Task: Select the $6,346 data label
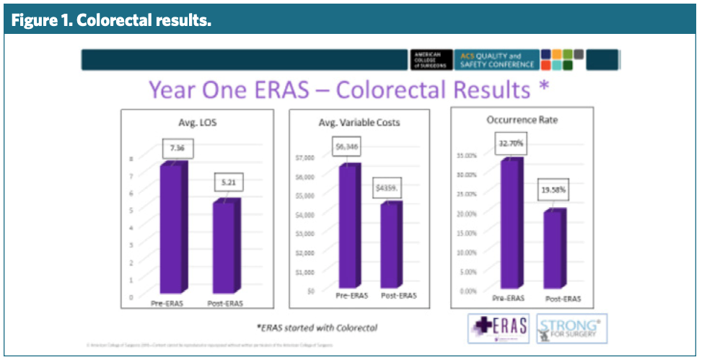346,146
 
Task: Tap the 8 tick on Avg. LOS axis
131,158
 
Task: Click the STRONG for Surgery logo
572,329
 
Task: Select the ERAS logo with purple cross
499,328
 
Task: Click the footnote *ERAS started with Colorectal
317,328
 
